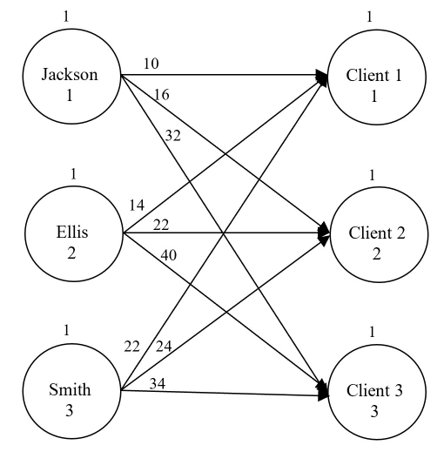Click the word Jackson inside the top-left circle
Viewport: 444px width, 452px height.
pyautogui.click(x=70, y=74)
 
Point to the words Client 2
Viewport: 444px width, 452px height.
pyautogui.click(x=375, y=233)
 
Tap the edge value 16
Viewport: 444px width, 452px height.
pyautogui.click(x=160, y=93)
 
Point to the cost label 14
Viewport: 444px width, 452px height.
pyautogui.click(x=137, y=206)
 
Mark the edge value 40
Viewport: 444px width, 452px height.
pyautogui.click(x=169, y=254)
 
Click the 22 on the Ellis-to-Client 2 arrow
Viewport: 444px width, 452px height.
pyautogui.click(x=161, y=225)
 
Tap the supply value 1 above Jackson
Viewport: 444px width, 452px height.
pyautogui.click(x=69, y=16)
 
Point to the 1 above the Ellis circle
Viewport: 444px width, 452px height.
pyautogui.click(x=74, y=174)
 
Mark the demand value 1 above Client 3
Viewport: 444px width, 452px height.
pyautogui.click(x=372, y=332)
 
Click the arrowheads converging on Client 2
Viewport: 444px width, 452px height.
pyautogui.click(x=324, y=233)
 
